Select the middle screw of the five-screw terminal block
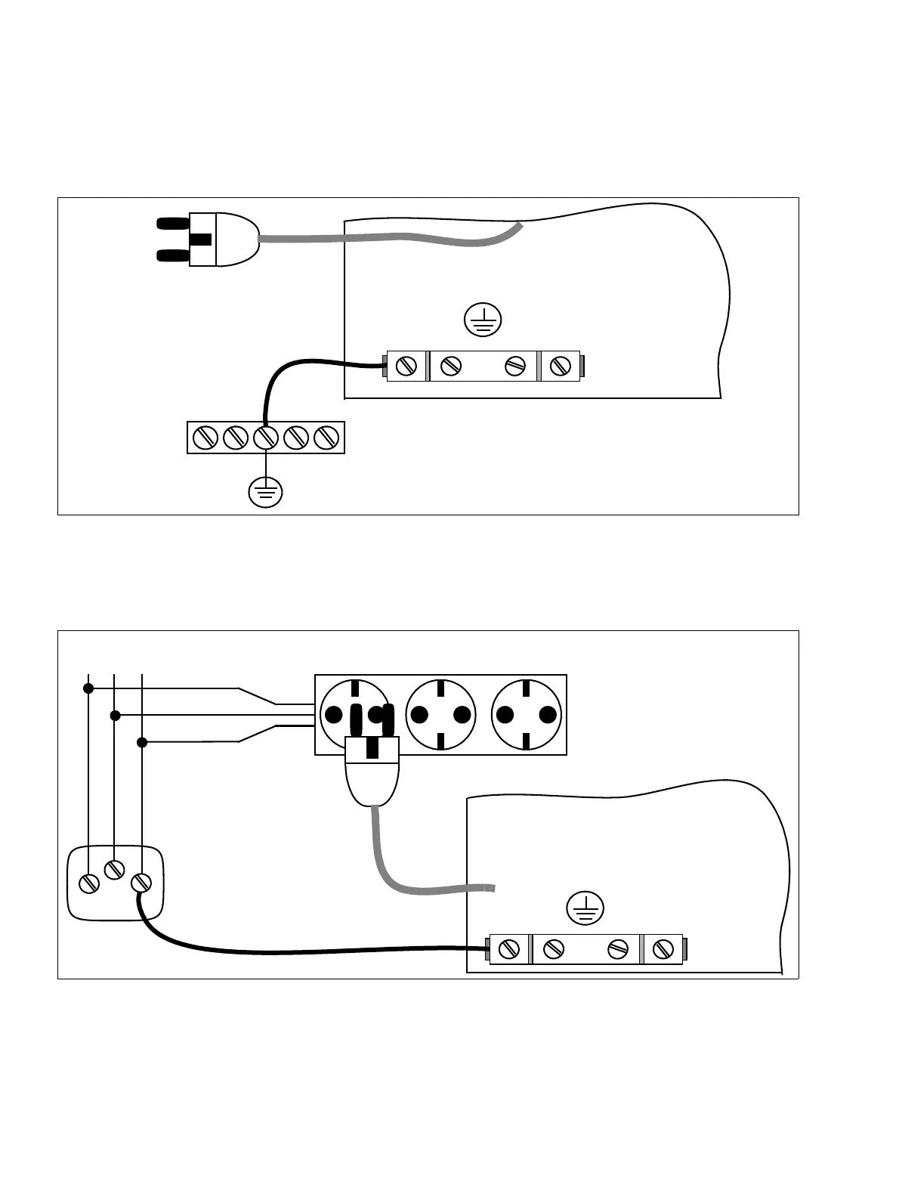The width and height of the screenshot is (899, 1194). pos(265,438)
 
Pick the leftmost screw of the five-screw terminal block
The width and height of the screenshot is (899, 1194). pos(205,438)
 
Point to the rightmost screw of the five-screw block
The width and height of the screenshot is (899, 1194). pos(326,438)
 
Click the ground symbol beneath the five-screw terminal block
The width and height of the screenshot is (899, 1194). pos(265,493)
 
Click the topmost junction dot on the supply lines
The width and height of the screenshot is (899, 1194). pos(88,688)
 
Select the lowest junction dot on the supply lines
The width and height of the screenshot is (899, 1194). pos(142,742)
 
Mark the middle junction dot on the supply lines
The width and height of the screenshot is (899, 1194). pos(115,715)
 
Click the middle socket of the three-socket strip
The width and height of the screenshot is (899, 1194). pos(441,715)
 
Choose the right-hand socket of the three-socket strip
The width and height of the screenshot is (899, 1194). pos(527,715)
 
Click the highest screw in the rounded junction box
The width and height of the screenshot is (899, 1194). pos(114,869)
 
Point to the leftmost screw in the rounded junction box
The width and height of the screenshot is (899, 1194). pos(89,883)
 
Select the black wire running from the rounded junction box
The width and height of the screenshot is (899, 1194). pos(302,951)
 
